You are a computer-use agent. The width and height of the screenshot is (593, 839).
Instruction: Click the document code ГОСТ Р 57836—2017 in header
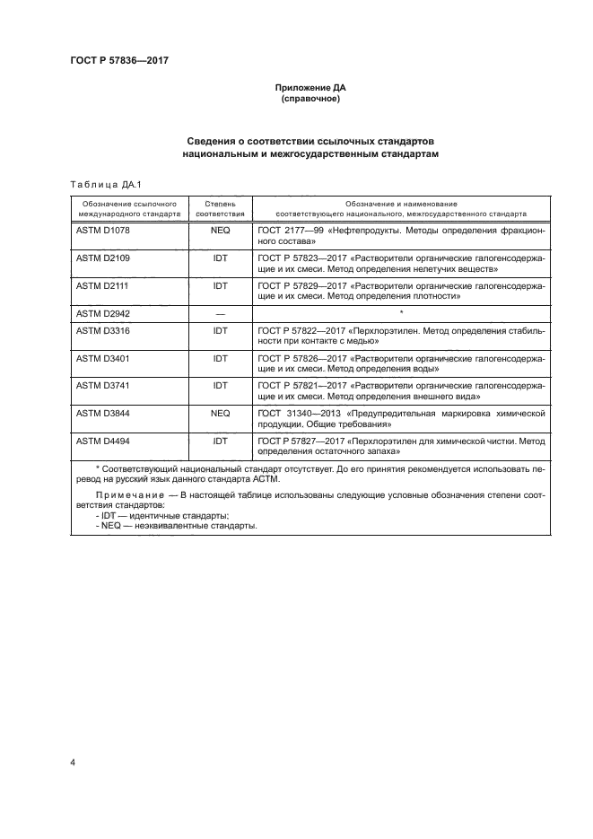[119, 60]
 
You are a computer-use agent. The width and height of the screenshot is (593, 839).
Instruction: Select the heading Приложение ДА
[310, 89]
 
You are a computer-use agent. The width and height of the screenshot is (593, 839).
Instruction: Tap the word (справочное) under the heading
[310, 100]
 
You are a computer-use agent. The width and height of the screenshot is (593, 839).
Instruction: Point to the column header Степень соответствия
[220, 210]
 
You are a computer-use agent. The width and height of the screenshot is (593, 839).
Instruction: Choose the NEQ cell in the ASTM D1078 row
[220, 232]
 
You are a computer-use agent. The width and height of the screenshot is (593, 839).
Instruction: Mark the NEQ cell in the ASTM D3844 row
[220, 414]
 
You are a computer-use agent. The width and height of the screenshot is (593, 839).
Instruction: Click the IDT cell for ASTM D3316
[220, 331]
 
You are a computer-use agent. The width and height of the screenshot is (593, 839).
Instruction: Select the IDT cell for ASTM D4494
[220, 441]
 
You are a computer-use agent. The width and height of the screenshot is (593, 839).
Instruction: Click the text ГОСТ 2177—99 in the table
[289, 232]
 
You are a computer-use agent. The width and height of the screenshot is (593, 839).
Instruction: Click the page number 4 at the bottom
[72, 763]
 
